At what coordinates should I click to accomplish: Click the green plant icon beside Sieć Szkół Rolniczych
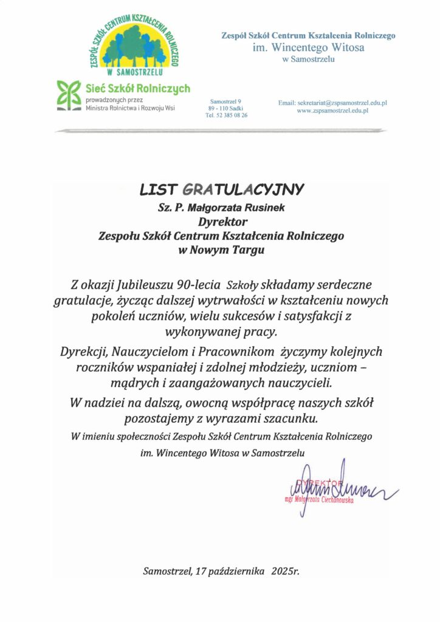[x=68, y=97]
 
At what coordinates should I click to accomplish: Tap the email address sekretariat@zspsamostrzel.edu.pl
[x=332, y=104]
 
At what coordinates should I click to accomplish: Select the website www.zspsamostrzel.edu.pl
[x=333, y=112]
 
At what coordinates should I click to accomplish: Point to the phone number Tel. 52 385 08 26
[x=226, y=115]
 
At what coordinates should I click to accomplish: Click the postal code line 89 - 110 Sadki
[x=226, y=108]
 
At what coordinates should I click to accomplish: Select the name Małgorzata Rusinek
[x=235, y=208]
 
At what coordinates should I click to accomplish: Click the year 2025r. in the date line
[x=286, y=572]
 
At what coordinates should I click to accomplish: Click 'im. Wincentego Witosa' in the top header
[x=308, y=47]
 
